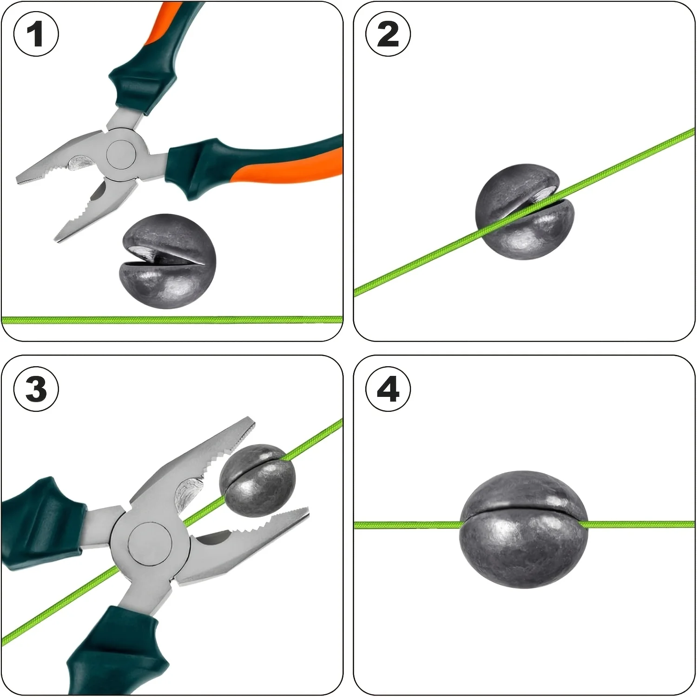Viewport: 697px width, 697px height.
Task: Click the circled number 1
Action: (36, 34)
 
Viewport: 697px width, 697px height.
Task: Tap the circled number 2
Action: (388, 34)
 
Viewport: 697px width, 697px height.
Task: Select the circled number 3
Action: (36, 388)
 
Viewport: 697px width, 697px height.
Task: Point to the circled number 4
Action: (388, 388)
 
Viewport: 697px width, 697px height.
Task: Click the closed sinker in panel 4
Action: (524, 530)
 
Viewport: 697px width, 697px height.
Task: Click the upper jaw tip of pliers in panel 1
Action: (18, 179)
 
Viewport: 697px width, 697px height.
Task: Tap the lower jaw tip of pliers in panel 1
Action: (57, 239)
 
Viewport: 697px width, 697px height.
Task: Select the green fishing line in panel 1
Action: (172, 320)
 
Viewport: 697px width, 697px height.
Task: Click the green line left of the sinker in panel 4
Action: (408, 525)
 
